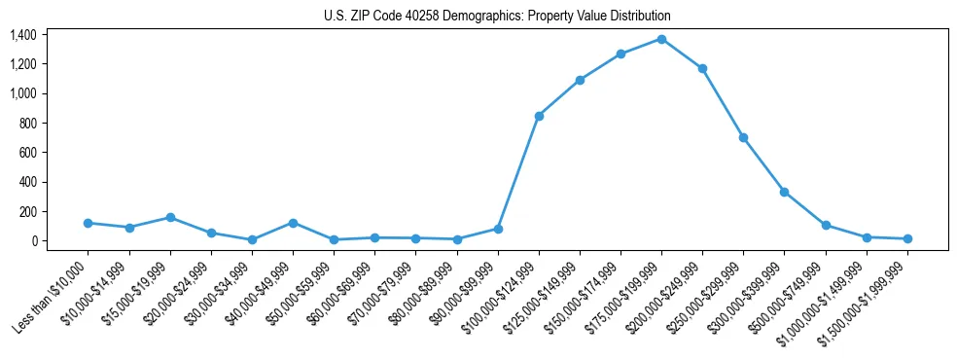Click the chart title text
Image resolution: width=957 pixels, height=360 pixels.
pos(497,17)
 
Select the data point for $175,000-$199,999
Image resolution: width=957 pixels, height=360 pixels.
pos(661,39)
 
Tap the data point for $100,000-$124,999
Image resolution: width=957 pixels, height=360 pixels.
pos(539,116)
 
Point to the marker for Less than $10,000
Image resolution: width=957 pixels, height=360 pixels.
pos(88,223)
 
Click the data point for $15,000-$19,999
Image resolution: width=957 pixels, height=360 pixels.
pos(170,217)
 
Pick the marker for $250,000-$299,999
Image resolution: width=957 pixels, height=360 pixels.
pos(743,137)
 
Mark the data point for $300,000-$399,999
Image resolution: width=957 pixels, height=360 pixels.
pos(784,192)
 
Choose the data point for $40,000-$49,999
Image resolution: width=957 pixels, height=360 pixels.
pos(293,223)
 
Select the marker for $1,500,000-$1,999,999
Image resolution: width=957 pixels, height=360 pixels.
pos(907,238)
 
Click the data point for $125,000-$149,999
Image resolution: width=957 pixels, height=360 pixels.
pos(580,80)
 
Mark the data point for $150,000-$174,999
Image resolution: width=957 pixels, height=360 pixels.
pos(620,54)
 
